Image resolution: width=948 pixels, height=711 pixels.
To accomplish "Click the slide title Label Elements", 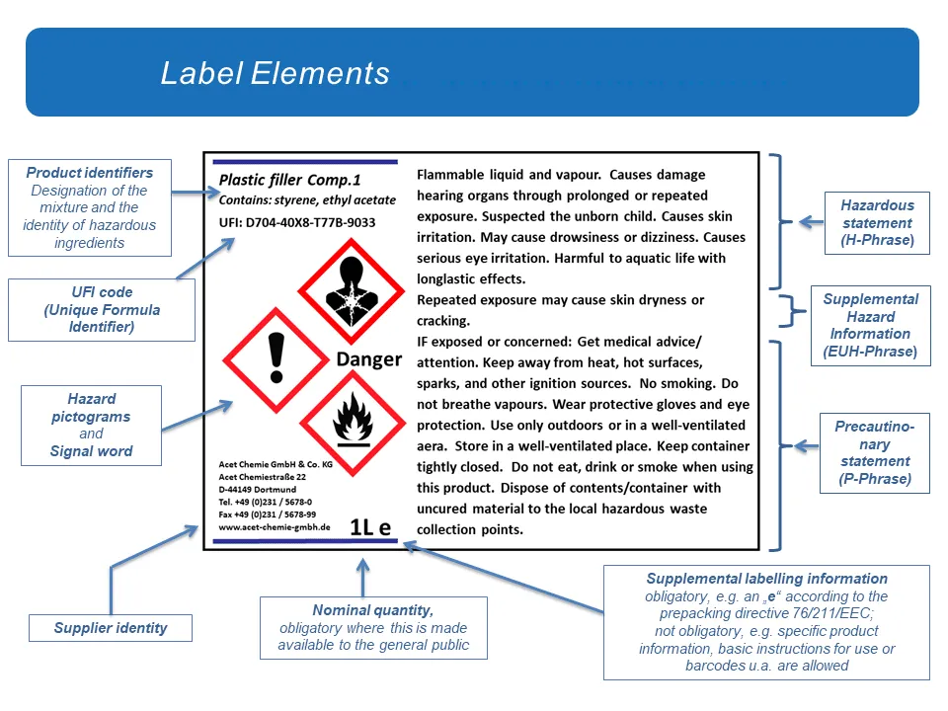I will point(276,73).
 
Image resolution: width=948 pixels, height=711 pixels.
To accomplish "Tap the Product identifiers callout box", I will point(89,207).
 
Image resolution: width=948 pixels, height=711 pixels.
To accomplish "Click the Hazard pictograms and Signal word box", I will point(91,425).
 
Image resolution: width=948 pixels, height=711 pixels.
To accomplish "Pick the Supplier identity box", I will point(111,628).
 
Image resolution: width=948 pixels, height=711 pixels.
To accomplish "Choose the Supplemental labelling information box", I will point(766,622).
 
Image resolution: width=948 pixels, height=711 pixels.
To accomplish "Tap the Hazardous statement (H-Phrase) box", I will point(877,223).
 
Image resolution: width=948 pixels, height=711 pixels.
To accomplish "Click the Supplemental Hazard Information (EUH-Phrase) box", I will point(870,325).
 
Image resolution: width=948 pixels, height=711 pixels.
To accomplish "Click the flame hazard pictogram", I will point(353,423).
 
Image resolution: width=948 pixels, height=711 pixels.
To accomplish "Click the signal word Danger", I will point(368,359).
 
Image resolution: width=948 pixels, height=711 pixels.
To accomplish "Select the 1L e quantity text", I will point(370,527).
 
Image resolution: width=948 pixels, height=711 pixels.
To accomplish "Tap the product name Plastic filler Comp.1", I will point(289,180).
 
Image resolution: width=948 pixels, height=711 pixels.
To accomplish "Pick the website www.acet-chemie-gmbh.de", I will point(274,528).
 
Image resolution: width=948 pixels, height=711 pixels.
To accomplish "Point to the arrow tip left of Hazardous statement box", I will point(802,223).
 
